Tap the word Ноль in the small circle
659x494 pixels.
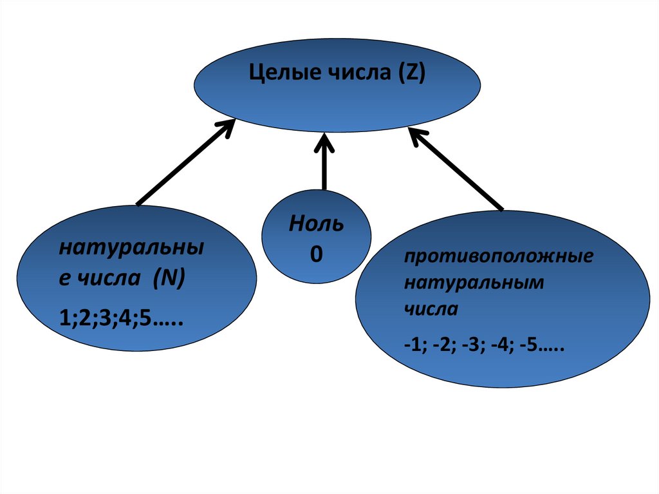(316, 225)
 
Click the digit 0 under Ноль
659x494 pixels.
(316, 254)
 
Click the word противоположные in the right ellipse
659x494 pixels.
(498, 257)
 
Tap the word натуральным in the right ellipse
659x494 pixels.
(474, 283)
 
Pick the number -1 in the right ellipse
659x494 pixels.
(413, 347)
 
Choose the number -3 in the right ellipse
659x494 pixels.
(475, 347)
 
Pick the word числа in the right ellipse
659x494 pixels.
(431, 309)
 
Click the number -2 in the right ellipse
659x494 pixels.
(443, 347)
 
